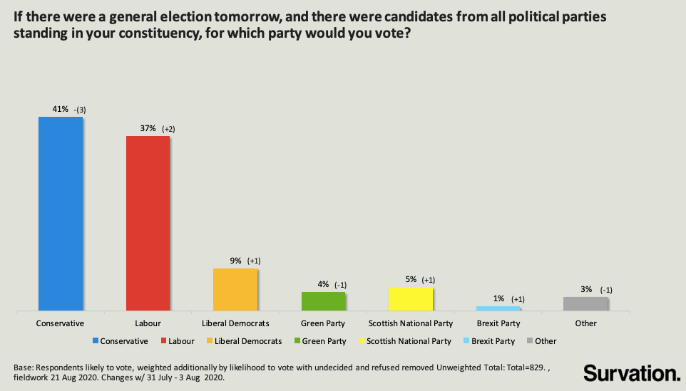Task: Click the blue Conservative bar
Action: (x=60, y=214)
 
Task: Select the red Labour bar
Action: (x=148, y=223)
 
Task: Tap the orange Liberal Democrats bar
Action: (x=235, y=289)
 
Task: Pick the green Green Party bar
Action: (x=323, y=301)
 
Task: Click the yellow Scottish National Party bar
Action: (x=411, y=299)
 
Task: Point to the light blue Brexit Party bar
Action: (x=498, y=308)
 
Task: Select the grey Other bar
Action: (x=585, y=303)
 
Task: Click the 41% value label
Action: (x=59, y=109)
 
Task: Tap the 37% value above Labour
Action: (x=147, y=128)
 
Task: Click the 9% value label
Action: (x=235, y=261)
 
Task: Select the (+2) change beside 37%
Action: (x=168, y=129)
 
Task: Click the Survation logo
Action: (x=631, y=372)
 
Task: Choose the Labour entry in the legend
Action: (x=181, y=341)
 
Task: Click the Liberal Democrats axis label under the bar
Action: (x=235, y=323)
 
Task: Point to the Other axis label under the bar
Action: (x=585, y=323)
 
